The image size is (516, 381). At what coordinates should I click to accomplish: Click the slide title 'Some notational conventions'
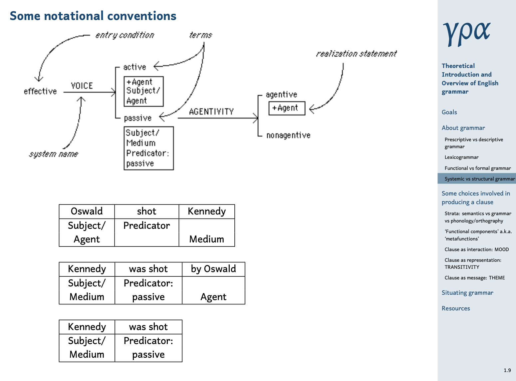pyautogui.click(x=93, y=16)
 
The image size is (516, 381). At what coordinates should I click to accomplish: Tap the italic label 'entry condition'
pyautogui.click(x=125, y=35)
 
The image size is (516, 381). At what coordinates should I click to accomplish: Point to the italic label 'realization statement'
pyautogui.click(x=356, y=54)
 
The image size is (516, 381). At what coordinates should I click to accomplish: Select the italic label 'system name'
pyautogui.click(x=54, y=154)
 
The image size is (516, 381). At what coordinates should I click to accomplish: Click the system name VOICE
pyautogui.click(x=82, y=86)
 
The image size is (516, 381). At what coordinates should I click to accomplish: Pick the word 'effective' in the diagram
pyautogui.click(x=40, y=91)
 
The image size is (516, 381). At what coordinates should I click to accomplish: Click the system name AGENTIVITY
pyautogui.click(x=211, y=112)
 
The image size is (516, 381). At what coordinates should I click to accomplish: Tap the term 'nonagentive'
pyautogui.click(x=289, y=135)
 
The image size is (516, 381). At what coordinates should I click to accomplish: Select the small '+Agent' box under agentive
pyautogui.click(x=287, y=108)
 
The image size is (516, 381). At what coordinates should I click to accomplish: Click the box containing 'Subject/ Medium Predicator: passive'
pyautogui.click(x=149, y=148)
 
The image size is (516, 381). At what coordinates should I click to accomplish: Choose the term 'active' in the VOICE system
pyautogui.click(x=135, y=67)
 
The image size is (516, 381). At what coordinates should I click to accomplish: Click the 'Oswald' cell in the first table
pyautogui.click(x=87, y=211)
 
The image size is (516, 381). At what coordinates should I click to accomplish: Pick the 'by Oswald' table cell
pyautogui.click(x=213, y=269)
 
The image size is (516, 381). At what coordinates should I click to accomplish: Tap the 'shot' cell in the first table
pyautogui.click(x=146, y=211)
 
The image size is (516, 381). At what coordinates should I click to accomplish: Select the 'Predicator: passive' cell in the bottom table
pyautogui.click(x=148, y=348)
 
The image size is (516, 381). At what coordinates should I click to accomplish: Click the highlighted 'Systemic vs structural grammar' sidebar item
pyautogui.click(x=477, y=179)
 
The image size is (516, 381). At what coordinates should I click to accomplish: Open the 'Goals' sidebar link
pyautogui.click(x=449, y=112)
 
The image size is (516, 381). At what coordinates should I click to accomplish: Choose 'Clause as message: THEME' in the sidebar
pyautogui.click(x=475, y=278)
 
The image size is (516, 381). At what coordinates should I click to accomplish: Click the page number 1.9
pyautogui.click(x=507, y=370)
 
